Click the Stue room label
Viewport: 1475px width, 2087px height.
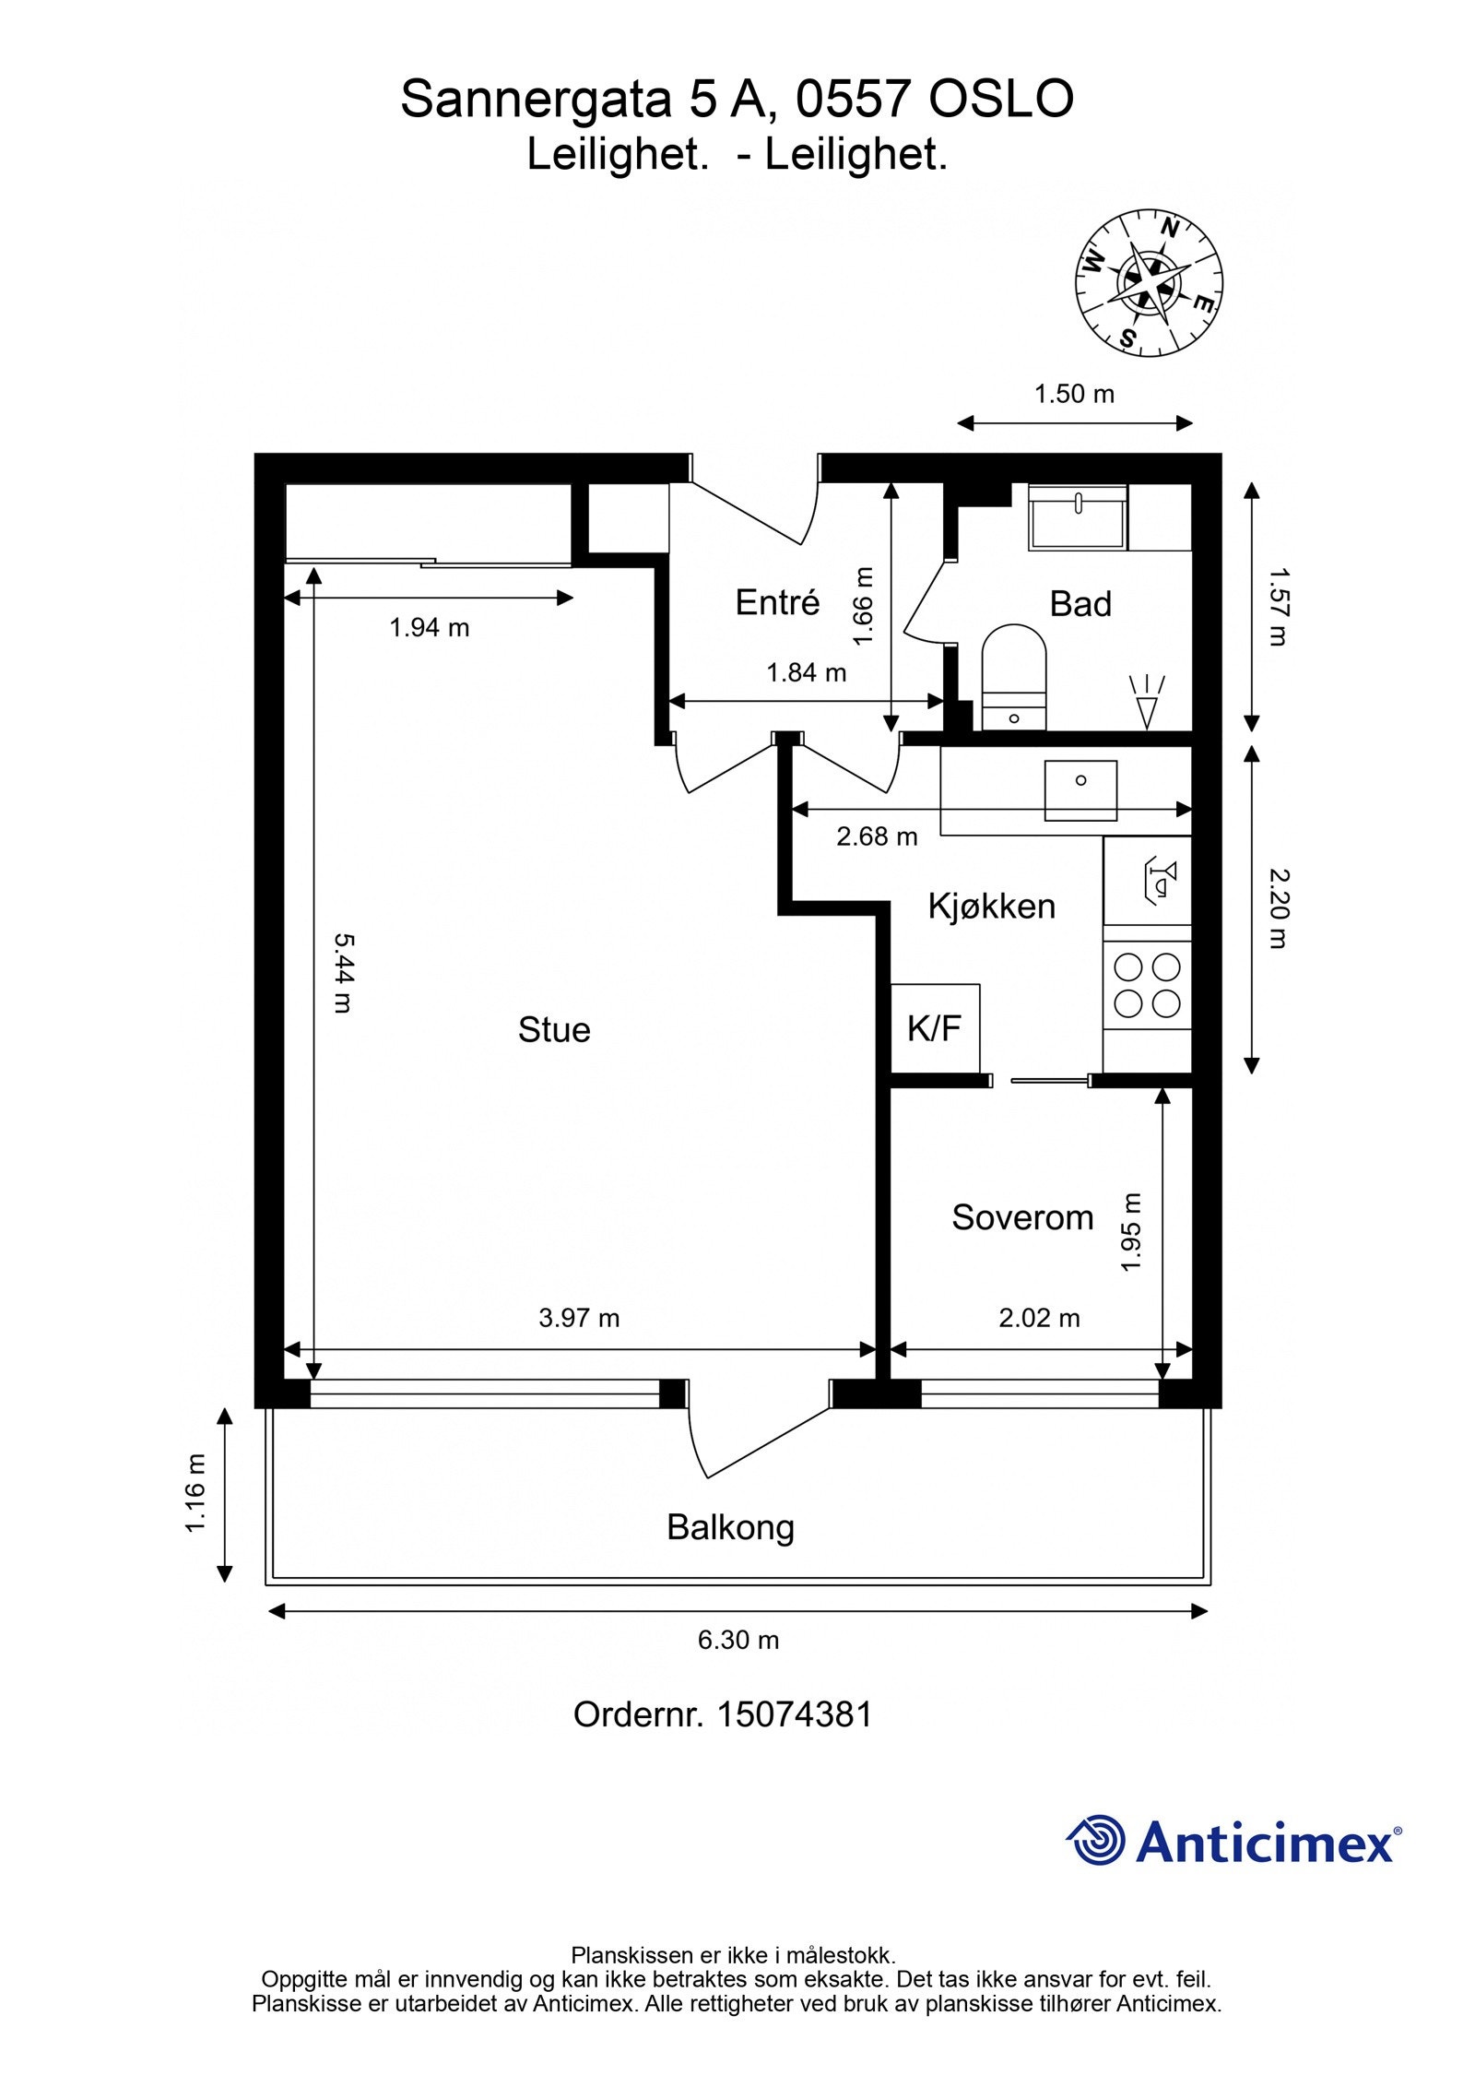point(553,1030)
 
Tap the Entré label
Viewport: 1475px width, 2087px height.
point(777,602)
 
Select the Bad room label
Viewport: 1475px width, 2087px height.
point(1080,604)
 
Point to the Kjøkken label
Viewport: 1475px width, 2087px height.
point(991,907)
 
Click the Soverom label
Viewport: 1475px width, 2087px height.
point(1022,1217)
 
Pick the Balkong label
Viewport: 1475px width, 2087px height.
point(730,1528)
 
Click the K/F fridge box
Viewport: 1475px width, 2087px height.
point(935,1028)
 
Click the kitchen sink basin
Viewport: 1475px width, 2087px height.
point(1080,790)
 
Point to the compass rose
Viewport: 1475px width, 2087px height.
point(1149,282)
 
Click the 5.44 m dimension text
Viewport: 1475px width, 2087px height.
point(342,973)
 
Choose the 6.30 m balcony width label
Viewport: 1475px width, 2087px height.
point(738,1640)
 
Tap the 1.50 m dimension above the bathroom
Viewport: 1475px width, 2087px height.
point(1074,395)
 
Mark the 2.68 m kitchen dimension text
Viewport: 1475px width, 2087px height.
point(877,836)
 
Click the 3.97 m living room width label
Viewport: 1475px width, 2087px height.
point(579,1318)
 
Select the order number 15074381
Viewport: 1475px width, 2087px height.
point(794,1714)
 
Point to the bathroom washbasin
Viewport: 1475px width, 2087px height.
point(1078,518)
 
